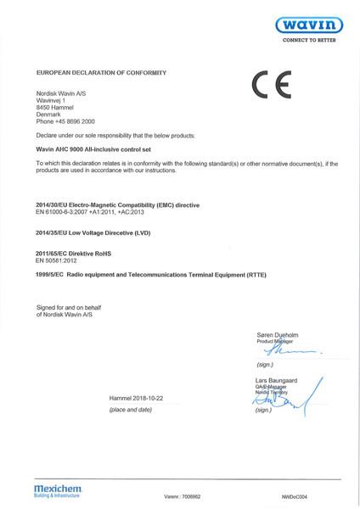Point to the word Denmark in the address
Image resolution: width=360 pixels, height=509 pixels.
49,114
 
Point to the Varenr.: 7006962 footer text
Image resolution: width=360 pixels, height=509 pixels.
183,495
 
